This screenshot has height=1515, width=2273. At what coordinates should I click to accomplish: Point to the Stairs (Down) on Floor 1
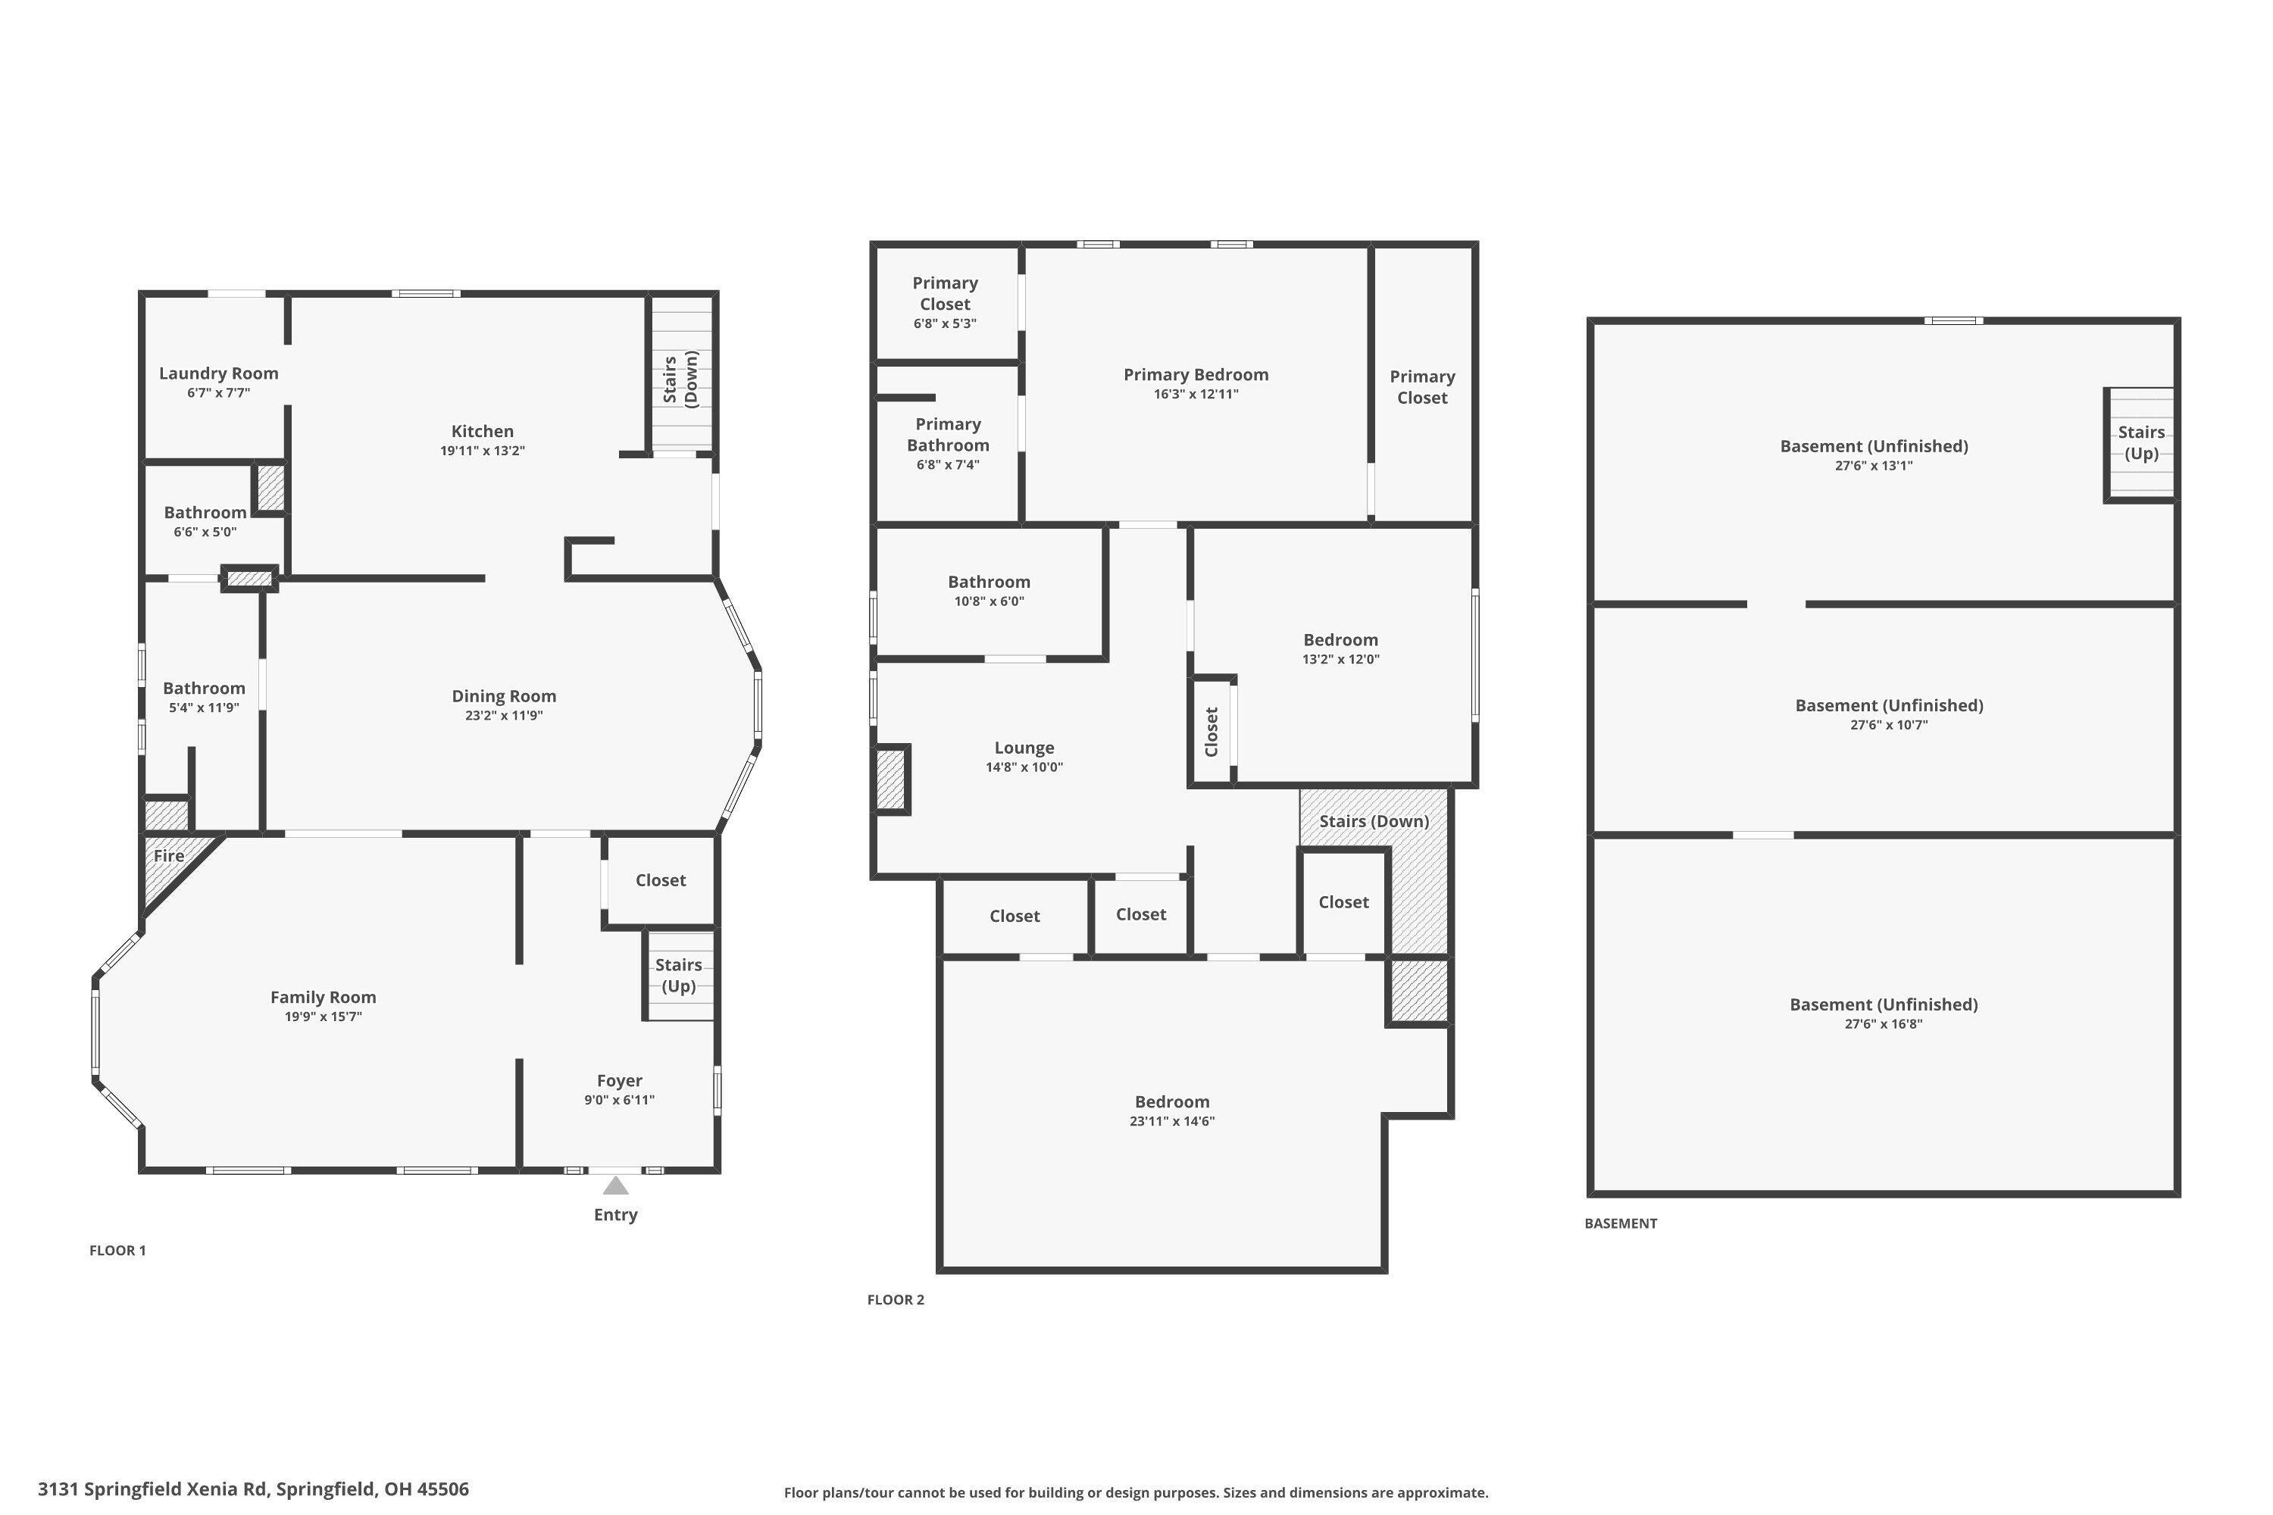tap(681, 380)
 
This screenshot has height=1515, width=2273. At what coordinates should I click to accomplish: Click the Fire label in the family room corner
tap(168, 856)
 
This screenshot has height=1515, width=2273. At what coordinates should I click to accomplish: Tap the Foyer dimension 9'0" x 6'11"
tap(620, 1101)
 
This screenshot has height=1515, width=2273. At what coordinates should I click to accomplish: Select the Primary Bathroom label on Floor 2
tap(947, 435)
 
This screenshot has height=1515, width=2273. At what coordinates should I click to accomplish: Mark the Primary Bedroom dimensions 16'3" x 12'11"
tap(1196, 394)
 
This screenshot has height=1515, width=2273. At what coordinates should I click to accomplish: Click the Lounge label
tap(1024, 748)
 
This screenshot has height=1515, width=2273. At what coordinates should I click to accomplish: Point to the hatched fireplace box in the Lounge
tap(890, 779)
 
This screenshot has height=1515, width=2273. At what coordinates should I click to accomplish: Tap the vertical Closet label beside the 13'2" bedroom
tap(1211, 732)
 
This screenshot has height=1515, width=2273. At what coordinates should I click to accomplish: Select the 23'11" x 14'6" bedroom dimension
tap(1171, 1122)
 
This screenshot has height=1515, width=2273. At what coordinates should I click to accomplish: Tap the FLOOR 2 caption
tap(895, 1300)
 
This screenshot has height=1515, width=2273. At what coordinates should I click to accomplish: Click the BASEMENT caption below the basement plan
tap(1620, 1223)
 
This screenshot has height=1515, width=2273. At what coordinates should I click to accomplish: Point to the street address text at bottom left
tap(253, 1489)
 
